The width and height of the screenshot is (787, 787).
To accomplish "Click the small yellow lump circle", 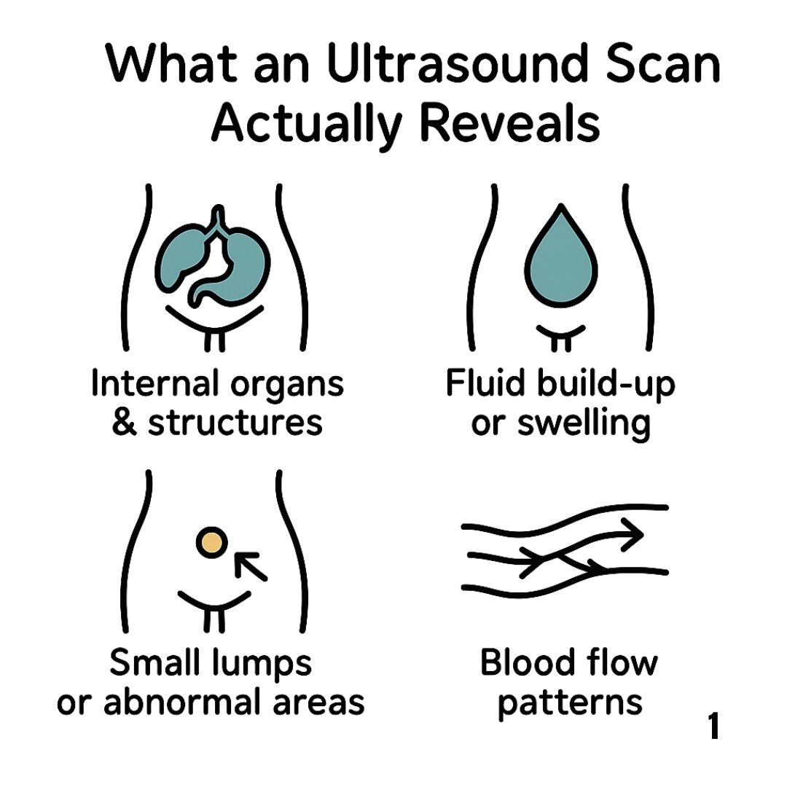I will [211, 542].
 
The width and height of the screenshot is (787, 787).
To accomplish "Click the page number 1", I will [713, 727].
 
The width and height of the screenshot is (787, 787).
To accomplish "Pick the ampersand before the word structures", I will [125, 422].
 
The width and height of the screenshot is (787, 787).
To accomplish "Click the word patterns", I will [571, 702].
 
